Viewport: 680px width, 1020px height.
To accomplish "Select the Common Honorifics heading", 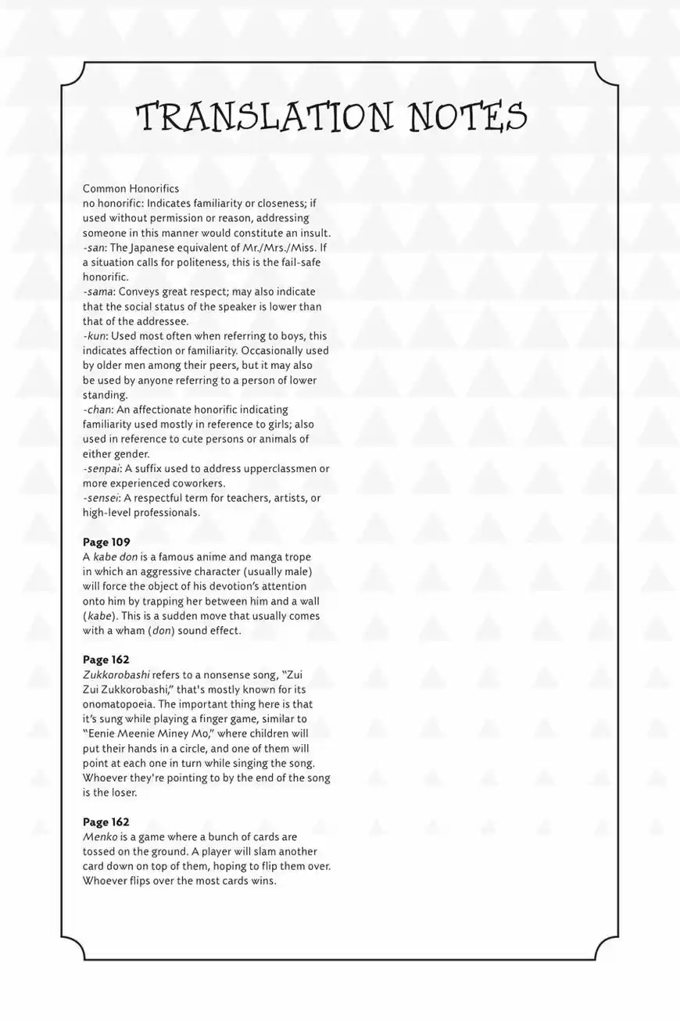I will tap(131, 188).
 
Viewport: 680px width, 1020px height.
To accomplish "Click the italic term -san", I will tap(94, 248).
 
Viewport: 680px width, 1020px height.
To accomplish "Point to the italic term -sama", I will tap(98, 292).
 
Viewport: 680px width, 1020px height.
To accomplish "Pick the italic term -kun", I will tap(95, 336).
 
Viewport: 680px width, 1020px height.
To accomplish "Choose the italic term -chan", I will tap(98, 410).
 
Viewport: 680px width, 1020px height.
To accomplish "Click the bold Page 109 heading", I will tap(106, 542).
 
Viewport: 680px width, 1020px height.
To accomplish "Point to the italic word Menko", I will tap(100, 837).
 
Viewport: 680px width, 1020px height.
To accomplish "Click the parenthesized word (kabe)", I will tap(99, 616).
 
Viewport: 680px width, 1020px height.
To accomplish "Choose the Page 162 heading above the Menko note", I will tap(106, 822).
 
